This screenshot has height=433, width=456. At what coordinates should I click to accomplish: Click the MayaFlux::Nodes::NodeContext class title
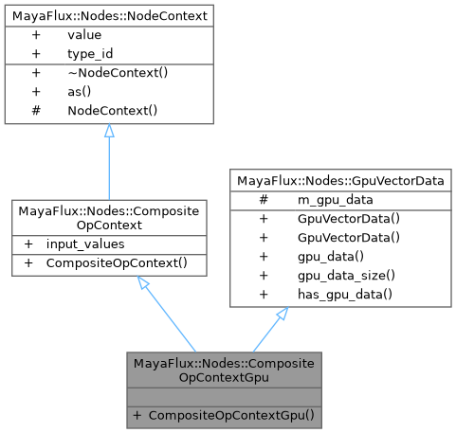pos(109,15)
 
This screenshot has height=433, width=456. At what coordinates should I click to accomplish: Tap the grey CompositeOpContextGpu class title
pos(224,370)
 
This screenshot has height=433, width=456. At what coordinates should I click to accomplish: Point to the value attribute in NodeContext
pos(84,34)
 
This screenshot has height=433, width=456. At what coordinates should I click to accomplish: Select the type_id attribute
pos(89,53)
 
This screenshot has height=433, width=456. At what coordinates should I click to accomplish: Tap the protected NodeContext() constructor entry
pos(112,110)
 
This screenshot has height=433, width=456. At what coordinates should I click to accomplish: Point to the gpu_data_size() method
pos(333,275)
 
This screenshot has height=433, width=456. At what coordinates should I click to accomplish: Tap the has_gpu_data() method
pos(332,294)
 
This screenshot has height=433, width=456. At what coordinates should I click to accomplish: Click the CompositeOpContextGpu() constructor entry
pos(231,414)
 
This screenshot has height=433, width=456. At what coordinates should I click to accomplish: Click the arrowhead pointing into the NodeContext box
pos(109,132)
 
